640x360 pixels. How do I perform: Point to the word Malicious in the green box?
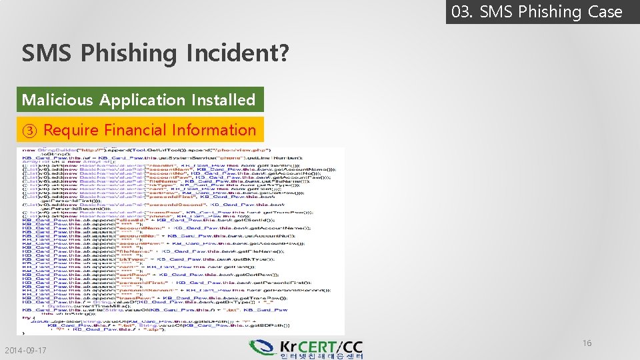tap(58, 100)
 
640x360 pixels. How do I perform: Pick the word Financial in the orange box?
tap(133, 130)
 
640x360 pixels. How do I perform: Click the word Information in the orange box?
tap(213, 130)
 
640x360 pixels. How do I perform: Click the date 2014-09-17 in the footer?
tap(25, 351)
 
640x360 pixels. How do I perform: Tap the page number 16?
tap(587, 343)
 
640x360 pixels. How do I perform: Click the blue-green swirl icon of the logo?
tap(263, 348)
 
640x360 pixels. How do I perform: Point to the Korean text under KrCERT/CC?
tap(322, 356)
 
